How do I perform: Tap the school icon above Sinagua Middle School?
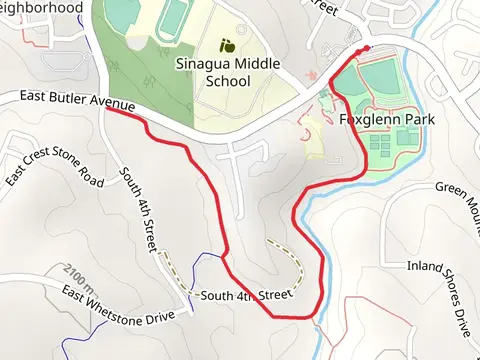click(x=228, y=45)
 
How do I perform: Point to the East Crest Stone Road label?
click(x=54, y=167)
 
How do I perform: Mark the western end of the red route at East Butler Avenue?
click(x=106, y=109)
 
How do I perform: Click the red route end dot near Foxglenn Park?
click(x=366, y=48)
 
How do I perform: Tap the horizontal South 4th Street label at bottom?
click(x=245, y=296)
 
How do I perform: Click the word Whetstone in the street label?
click(x=115, y=306)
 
